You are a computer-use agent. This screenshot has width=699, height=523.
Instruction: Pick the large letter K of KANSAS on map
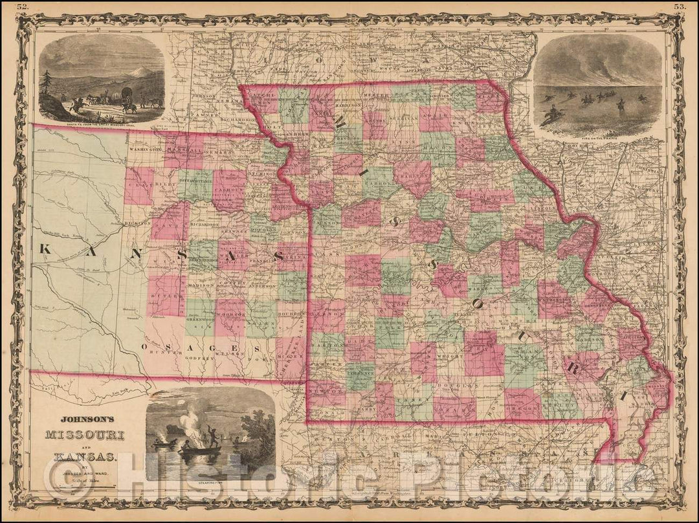tap(47, 249)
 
